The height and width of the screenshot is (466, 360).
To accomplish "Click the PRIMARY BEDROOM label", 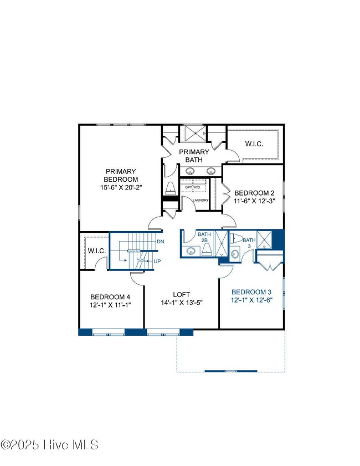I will point(121,175).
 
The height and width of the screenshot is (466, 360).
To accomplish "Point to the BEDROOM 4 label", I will point(110,296).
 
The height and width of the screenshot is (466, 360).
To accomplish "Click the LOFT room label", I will point(181,295).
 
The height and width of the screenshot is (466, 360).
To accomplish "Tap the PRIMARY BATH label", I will point(194,156).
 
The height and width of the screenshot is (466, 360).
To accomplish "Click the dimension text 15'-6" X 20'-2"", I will point(121,187).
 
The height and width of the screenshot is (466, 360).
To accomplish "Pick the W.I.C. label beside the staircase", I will point(97,251).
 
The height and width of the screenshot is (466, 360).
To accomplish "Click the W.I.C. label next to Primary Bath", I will point(254,144).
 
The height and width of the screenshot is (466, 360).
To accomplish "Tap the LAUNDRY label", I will point(200,200).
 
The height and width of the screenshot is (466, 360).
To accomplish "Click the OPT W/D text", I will point(193,188).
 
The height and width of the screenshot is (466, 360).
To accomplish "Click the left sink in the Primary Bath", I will point(189,171).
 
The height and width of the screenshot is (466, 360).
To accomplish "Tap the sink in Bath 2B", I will point(191,252).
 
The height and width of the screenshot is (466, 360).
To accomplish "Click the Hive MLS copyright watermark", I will point(50,445).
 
